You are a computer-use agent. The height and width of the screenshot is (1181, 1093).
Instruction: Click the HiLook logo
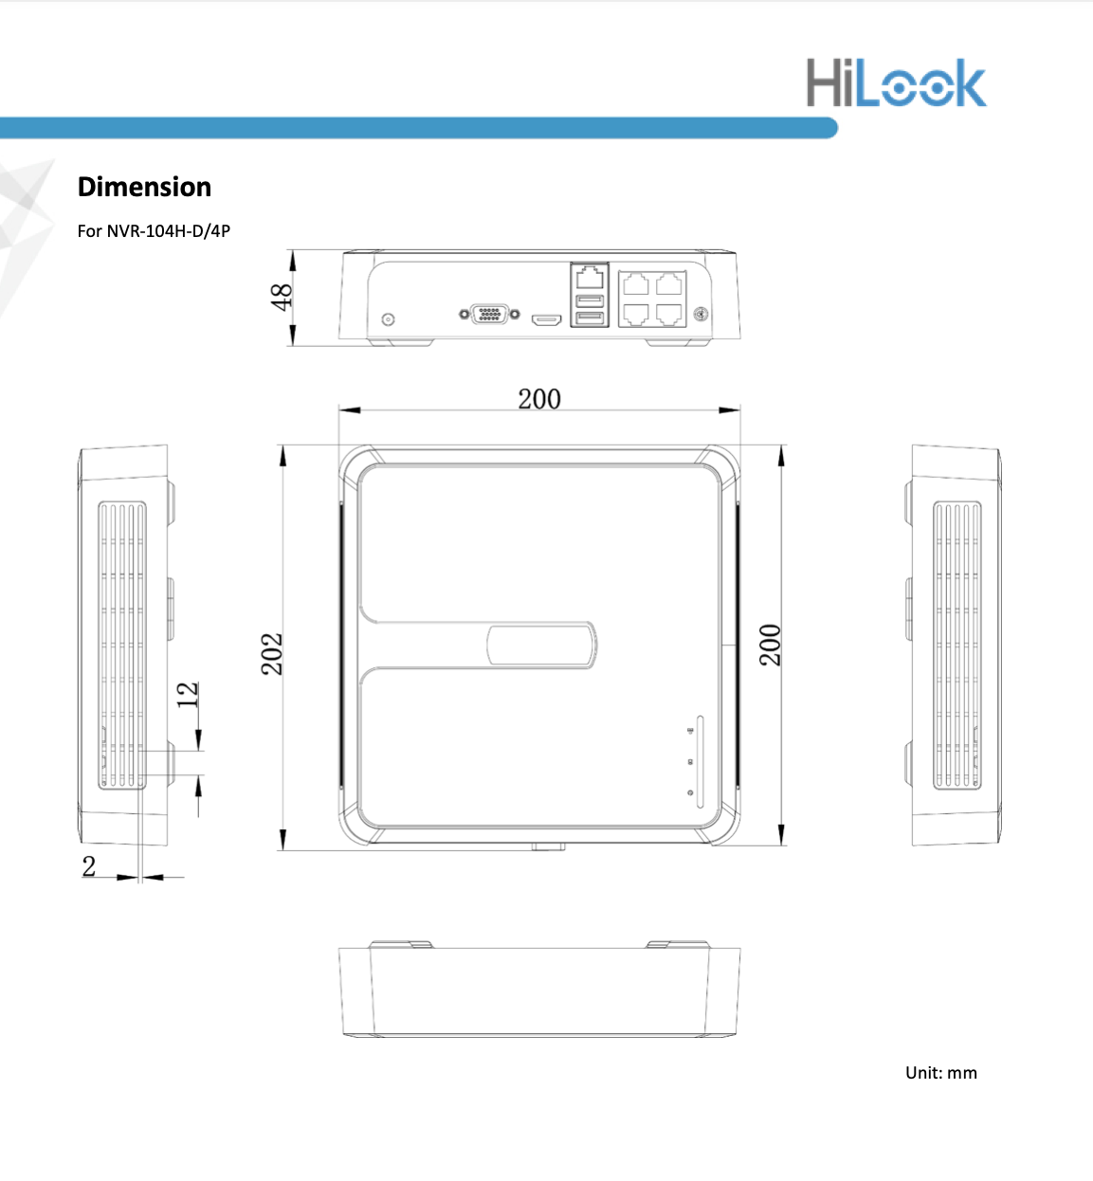click(896, 82)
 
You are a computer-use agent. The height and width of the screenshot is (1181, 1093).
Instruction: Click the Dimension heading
click(145, 187)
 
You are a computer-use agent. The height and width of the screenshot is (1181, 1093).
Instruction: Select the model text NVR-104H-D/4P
click(169, 230)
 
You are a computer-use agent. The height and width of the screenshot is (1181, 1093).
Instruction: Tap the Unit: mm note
click(940, 1073)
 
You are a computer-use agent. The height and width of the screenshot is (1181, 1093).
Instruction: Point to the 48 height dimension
click(282, 297)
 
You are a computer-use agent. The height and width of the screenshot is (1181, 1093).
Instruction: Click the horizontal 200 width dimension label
click(539, 399)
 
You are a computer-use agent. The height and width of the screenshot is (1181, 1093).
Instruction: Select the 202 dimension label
click(272, 654)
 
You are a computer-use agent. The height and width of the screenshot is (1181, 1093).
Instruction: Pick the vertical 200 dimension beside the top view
click(770, 645)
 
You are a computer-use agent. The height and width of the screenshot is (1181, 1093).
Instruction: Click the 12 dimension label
click(188, 694)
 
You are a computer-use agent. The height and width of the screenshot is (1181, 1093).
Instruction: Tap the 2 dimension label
click(89, 866)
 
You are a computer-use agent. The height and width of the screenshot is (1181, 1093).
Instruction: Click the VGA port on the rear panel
click(489, 314)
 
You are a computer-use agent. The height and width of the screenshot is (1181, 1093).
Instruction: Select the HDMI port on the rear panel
click(546, 320)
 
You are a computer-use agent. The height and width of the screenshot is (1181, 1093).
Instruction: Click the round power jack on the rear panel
click(388, 320)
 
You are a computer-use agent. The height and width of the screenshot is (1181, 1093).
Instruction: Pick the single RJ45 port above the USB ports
click(590, 278)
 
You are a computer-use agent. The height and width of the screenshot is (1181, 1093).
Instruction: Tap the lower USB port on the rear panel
click(590, 318)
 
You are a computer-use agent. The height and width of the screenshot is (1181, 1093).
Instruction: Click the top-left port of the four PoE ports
click(636, 284)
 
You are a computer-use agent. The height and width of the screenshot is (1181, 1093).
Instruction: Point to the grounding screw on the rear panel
click(701, 313)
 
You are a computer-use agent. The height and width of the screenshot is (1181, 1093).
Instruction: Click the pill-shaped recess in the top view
click(541, 645)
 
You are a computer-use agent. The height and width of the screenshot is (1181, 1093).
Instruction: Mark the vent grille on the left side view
click(122, 645)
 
